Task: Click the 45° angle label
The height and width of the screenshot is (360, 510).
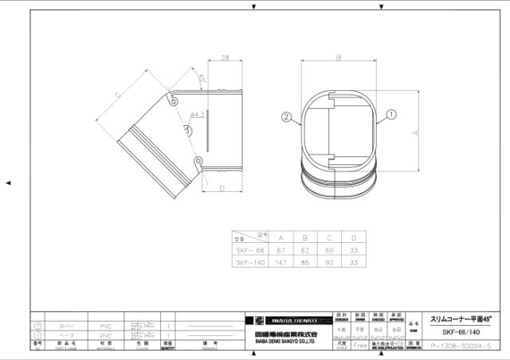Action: point(202,80)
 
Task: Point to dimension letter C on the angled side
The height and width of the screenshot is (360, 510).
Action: point(117,95)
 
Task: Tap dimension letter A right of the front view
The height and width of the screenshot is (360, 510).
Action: point(415,133)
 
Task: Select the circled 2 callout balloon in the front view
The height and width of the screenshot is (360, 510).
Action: point(285,116)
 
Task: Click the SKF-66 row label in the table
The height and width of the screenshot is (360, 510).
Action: point(249,249)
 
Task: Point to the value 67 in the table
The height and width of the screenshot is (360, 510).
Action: point(281,249)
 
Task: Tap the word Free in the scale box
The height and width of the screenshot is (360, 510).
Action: point(360,346)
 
